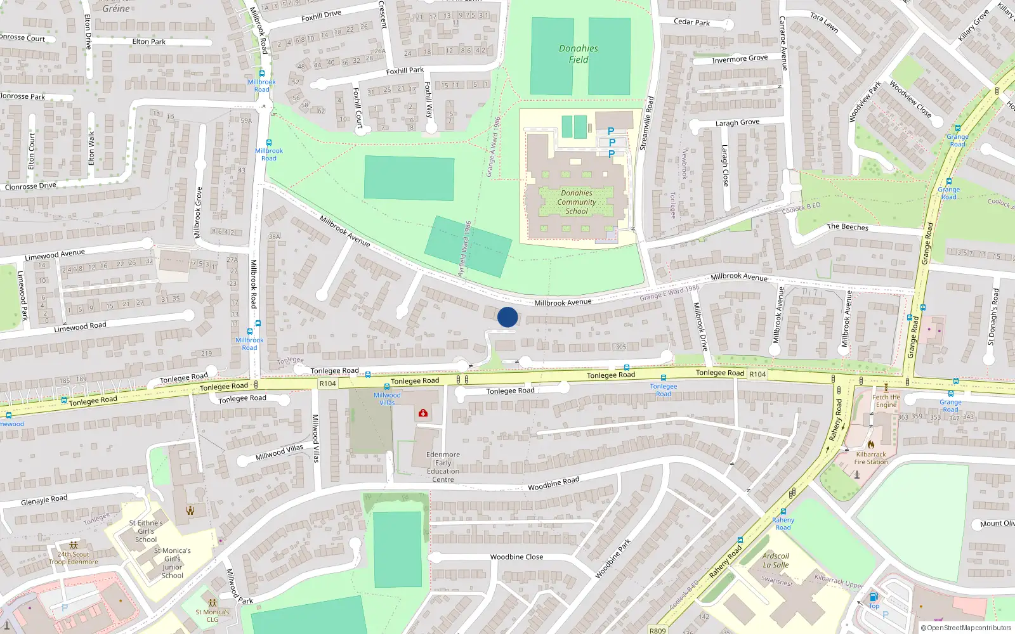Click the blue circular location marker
click(x=507, y=317)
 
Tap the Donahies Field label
click(x=578, y=54)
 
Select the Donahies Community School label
click(x=577, y=202)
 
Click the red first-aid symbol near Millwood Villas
click(x=422, y=413)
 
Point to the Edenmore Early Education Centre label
click(x=443, y=467)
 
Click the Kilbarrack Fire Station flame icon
click(x=871, y=444)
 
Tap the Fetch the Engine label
click(x=886, y=401)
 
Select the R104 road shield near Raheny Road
click(x=757, y=374)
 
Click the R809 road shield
click(x=658, y=630)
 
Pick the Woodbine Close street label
click(x=516, y=557)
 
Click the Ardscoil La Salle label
click(x=776, y=560)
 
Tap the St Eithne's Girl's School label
click(x=146, y=531)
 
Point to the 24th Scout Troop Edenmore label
click(x=74, y=558)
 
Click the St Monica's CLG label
click(x=213, y=616)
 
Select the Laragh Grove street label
click(x=737, y=122)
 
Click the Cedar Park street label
click(x=691, y=22)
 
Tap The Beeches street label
click(x=848, y=227)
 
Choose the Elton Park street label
click(x=149, y=42)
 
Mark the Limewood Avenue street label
click(x=55, y=255)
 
